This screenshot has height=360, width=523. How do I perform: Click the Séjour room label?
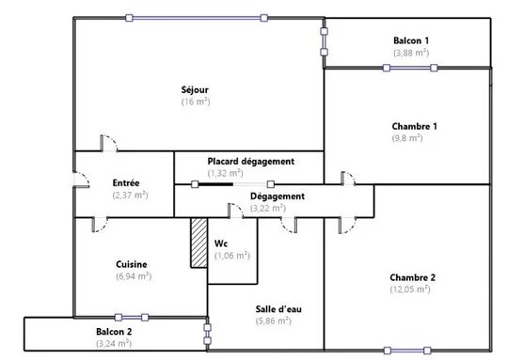[x=195, y=90]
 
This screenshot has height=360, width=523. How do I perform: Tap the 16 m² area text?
[x=196, y=102]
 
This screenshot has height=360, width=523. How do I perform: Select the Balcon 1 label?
[x=411, y=40]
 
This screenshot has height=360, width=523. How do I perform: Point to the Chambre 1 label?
[x=414, y=126]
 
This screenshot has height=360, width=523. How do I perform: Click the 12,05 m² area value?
[x=410, y=289]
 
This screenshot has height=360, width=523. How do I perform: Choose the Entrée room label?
[x=126, y=183]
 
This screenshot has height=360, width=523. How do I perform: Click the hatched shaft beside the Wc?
[x=198, y=243]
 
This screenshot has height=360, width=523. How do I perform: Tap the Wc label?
[x=221, y=243]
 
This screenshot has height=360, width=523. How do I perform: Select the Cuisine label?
[x=132, y=264]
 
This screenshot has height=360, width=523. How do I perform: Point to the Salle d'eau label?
[x=278, y=309]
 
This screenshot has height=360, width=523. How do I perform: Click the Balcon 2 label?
[x=114, y=332]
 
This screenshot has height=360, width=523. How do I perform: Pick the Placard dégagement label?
[x=251, y=162]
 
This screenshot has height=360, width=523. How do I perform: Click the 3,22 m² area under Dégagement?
[x=268, y=208]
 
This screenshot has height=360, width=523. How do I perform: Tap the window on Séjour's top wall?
[x=197, y=18]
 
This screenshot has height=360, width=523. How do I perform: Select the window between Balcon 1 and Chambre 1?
[x=410, y=68]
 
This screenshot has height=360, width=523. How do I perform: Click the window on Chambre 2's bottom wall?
[x=407, y=351]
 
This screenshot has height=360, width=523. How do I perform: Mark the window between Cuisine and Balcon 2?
[x=132, y=318]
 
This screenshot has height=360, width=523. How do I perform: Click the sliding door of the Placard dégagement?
[x=233, y=184]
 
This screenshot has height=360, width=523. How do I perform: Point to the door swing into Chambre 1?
[x=348, y=178]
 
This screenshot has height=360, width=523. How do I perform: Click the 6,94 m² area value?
[x=134, y=276]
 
